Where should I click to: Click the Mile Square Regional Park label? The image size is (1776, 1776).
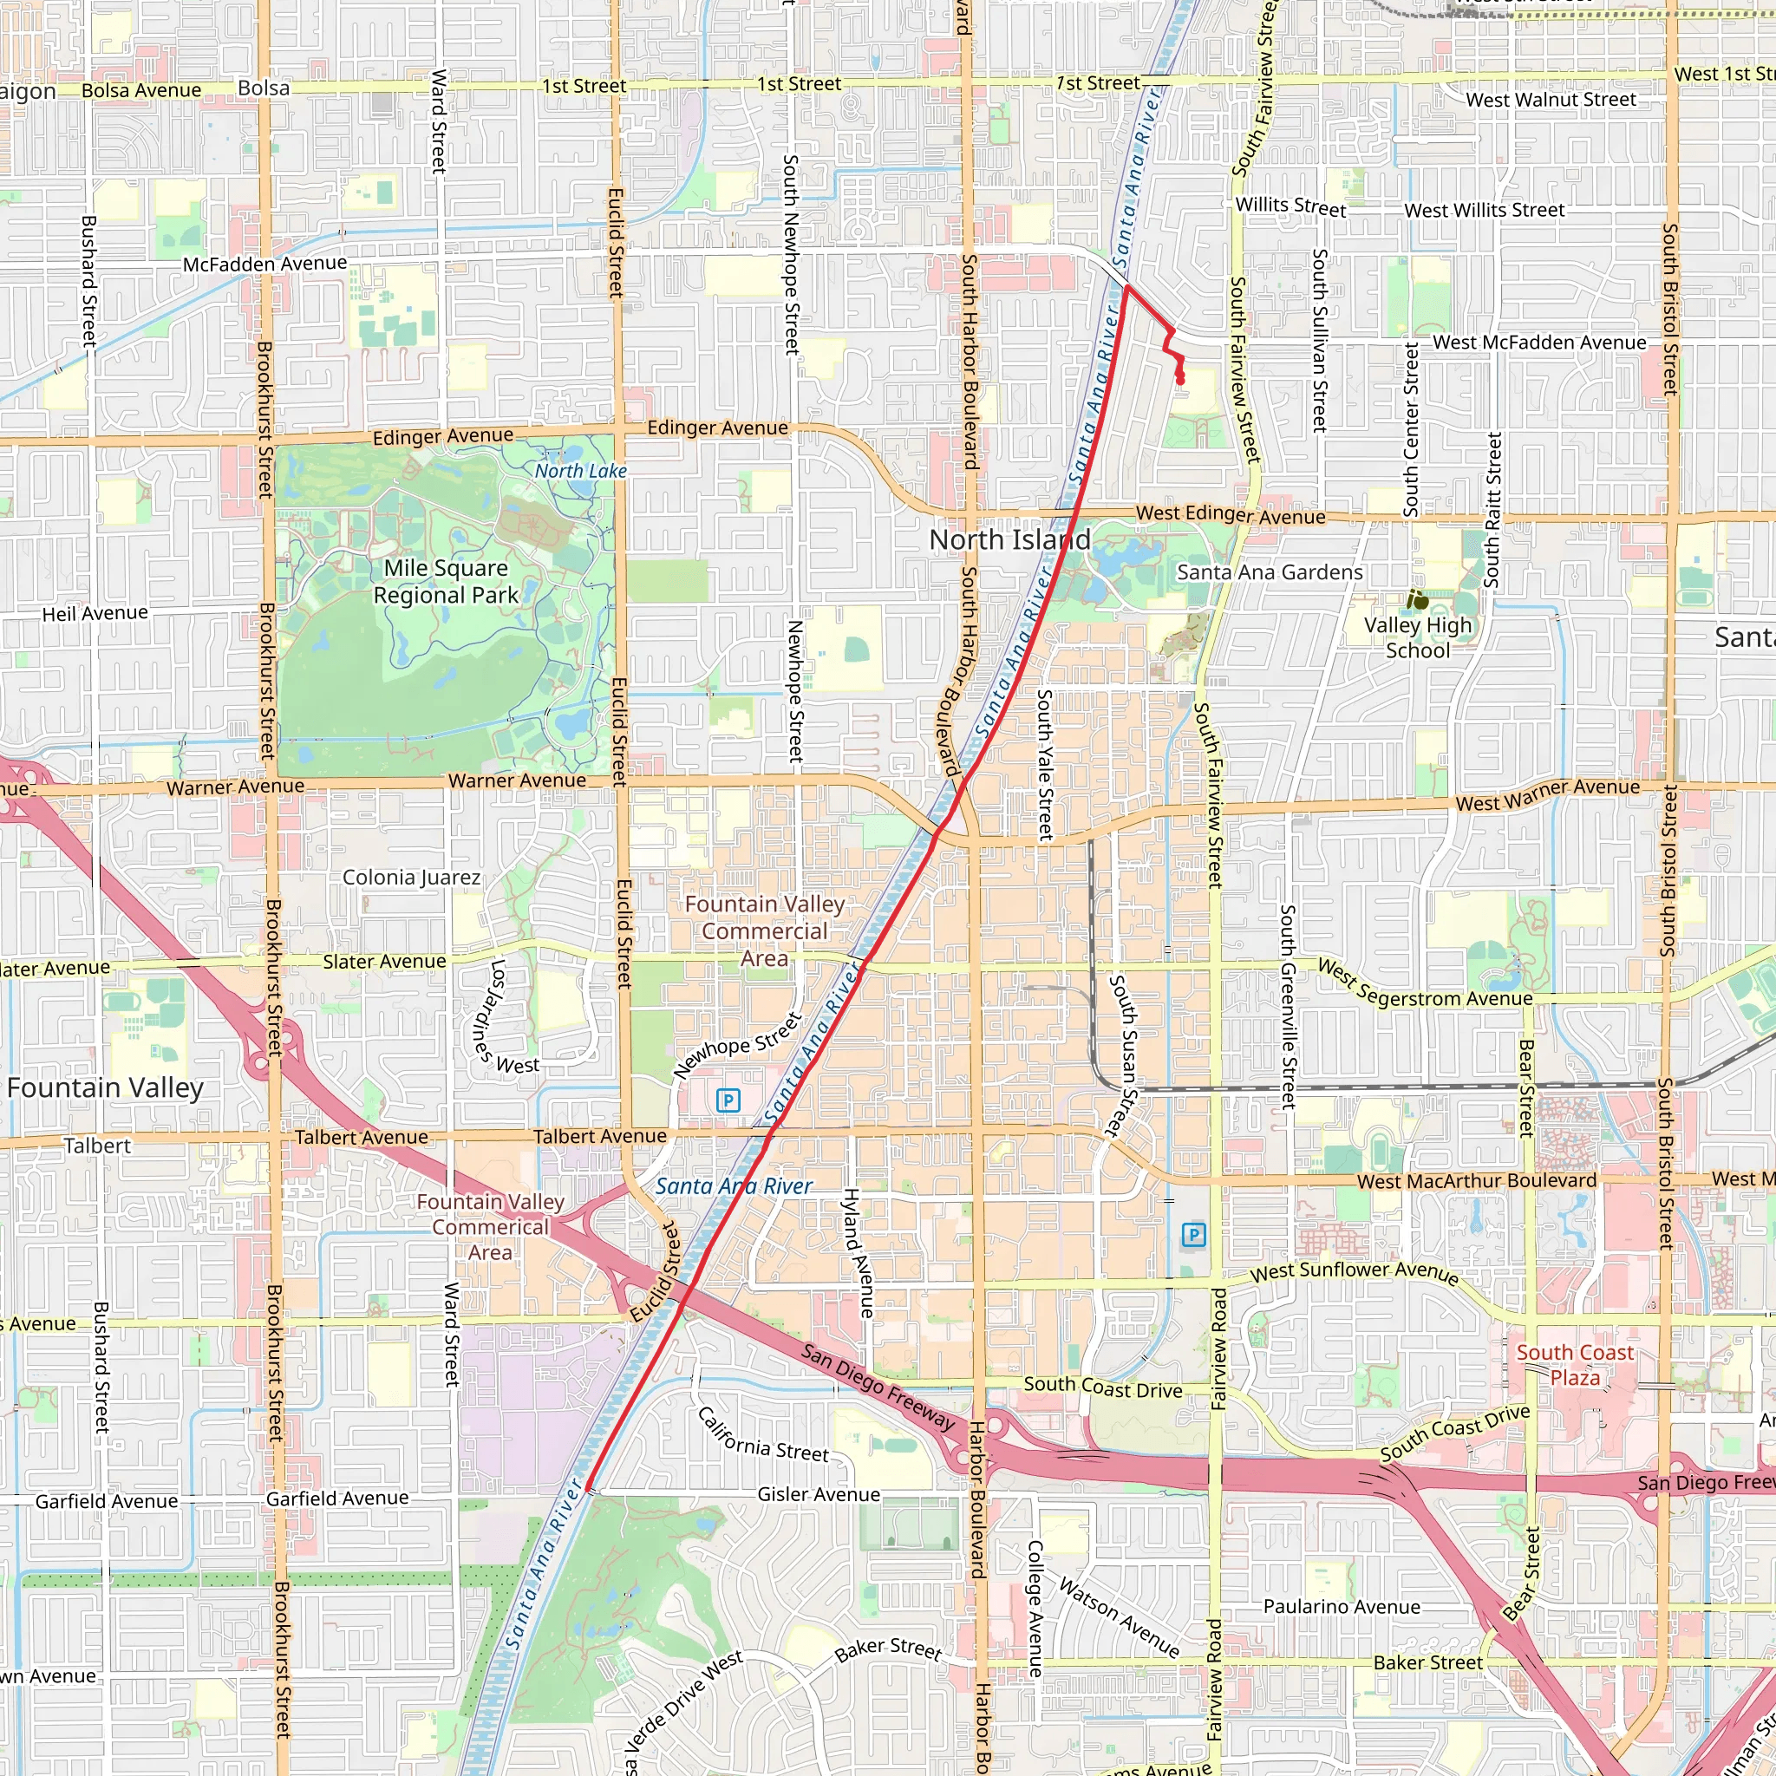(446, 581)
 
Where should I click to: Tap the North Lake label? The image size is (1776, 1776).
(581, 471)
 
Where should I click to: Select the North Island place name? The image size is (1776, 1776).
(1009, 539)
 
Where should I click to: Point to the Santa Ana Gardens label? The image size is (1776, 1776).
(1270, 571)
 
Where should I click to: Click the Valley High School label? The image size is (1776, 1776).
(1418, 637)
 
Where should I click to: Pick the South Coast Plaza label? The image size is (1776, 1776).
(1575, 1364)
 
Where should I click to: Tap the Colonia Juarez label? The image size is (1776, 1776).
(411, 877)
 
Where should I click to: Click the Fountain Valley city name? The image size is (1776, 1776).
(105, 1087)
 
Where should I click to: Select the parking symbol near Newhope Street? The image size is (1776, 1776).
(728, 1100)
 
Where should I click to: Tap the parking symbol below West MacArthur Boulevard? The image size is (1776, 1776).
(1193, 1234)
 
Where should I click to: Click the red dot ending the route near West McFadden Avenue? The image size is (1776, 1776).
(1180, 381)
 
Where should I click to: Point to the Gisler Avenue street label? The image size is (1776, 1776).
(818, 1495)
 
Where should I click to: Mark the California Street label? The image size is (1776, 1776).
(763, 1436)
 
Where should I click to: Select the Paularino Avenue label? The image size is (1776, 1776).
(1342, 1606)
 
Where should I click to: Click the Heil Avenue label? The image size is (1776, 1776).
(95, 613)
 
